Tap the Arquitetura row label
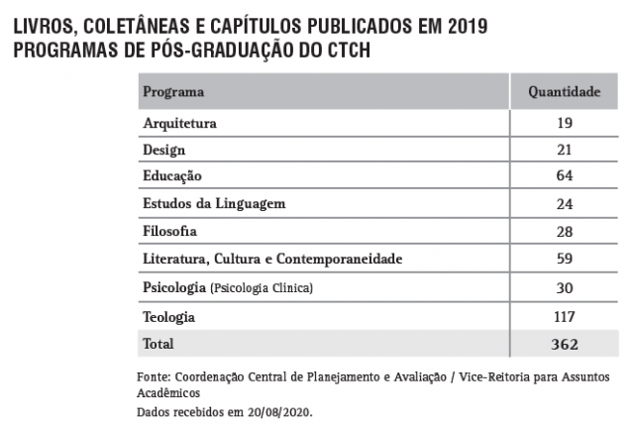[x=179, y=124]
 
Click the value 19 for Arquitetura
[x=565, y=124]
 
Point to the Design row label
[x=164, y=151]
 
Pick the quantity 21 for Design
[x=565, y=151]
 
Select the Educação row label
[x=172, y=176]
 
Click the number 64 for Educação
[x=565, y=176]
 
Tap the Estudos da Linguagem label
[x=214, y=204]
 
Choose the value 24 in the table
[x=565, y=204]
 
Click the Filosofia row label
[x=170, y=232]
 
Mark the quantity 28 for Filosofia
[x=565, y=232]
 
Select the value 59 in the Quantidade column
[x=565, y=260]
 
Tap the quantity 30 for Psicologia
[x=565, y=287]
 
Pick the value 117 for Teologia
[x=565, y=317]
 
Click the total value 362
[x=565, y=344]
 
